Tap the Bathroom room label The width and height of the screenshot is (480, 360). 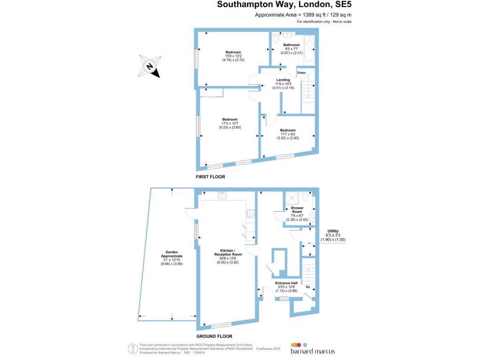tap(291, 45)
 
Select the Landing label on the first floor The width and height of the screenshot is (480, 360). tap(283, 80)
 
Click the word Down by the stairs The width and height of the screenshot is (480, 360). tap(301, 73)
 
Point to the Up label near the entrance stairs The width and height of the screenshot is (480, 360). tap(308, 286)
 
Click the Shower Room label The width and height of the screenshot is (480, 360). tap(297, 210)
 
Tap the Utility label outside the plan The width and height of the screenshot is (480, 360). tap(333, 231)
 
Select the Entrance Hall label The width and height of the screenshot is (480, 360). tap(285, 283)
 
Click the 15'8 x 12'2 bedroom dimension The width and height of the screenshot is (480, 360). tap(233, 56)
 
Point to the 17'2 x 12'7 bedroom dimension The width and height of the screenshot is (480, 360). tap(230, 123)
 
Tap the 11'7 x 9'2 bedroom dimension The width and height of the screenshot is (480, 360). tap(288, 134)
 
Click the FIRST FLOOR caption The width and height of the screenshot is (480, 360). tap(210, 177)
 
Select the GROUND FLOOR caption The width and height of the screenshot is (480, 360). tap(215, 336)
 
